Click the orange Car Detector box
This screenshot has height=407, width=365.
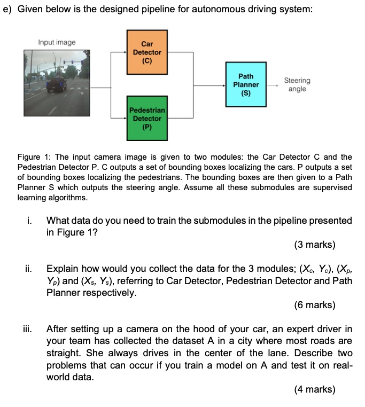[147, 53]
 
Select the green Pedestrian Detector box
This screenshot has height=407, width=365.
[147, 118]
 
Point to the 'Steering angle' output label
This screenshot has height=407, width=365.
[297, 85]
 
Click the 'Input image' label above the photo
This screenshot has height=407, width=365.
[57, 42]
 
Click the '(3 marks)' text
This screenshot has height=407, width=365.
[315, 245]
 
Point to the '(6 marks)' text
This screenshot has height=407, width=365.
[315, 305]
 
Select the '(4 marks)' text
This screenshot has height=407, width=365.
[315, 389]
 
